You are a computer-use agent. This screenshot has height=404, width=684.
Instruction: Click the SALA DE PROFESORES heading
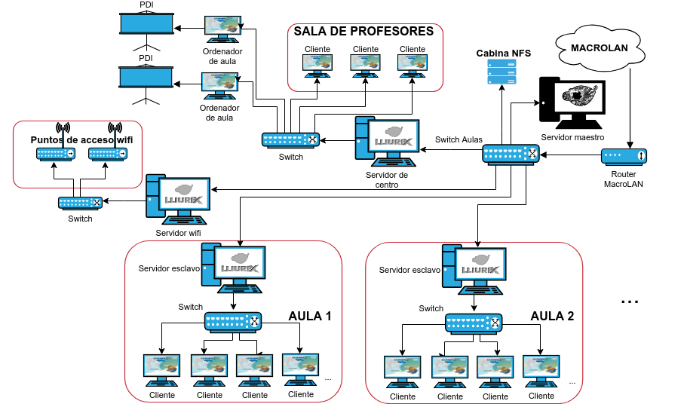pos(363,31)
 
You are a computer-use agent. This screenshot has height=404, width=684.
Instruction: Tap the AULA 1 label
pos(310,316)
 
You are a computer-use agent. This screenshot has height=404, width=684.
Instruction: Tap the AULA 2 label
pos(552,316)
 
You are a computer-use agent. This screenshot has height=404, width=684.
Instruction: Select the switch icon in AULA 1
pos(233,322)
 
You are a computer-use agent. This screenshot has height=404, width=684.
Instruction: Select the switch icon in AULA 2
pos(474,323)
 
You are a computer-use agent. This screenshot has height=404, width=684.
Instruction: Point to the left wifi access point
pos(56,153)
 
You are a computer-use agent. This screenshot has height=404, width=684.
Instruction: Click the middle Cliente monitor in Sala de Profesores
pos(365,64)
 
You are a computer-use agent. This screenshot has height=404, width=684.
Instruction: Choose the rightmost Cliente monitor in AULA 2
pos(541,368)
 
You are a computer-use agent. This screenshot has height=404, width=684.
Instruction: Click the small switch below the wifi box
pos(81,202)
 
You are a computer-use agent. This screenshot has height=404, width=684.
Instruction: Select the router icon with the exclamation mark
pos(624,156)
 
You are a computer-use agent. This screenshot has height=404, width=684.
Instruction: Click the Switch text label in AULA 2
pos(431,308)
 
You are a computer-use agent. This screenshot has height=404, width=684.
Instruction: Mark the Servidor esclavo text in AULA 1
pos(168,268)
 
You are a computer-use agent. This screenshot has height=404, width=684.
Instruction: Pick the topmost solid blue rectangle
pos(146,23)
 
